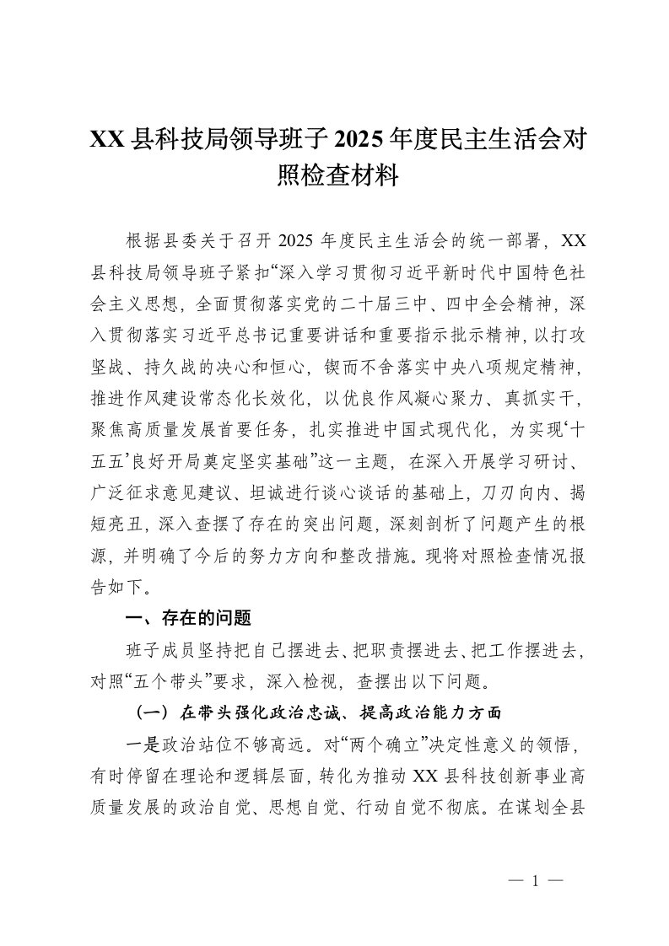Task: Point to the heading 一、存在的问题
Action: [187, 619]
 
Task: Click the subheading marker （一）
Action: [154, 713]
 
